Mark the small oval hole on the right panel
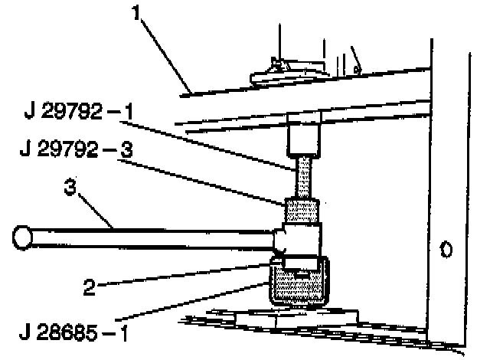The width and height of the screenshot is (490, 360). [446, 249]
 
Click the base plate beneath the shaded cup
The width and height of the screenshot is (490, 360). [299, 316]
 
